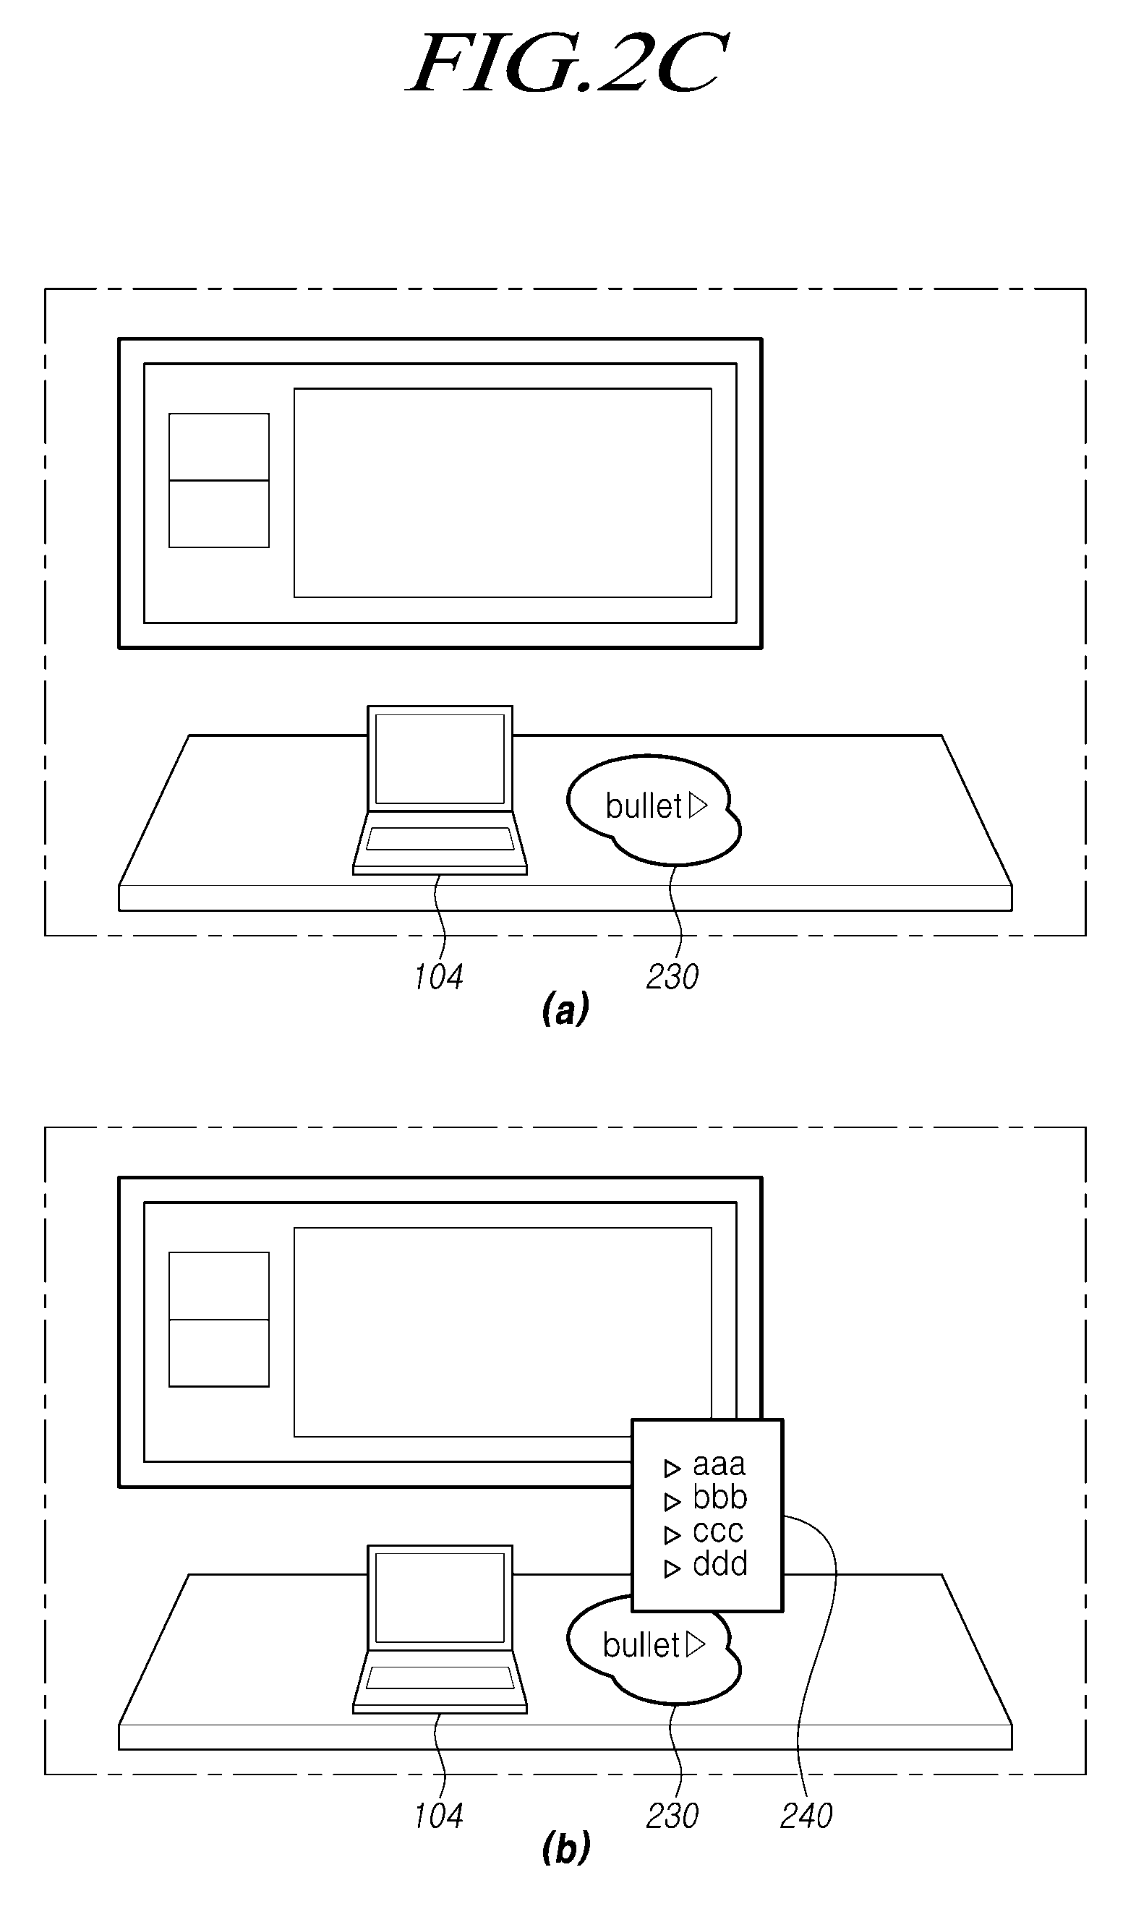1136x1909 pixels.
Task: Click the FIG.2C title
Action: pos(567,64)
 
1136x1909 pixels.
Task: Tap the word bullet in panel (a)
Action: pos(643,806)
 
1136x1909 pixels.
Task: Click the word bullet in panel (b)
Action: pos(641,1645)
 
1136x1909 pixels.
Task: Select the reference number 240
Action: pos(806,1816)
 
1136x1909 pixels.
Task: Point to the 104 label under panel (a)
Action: pos(439,977)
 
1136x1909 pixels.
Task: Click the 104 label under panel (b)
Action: pos(439,1816)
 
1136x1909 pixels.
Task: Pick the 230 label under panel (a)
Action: pos(672,977)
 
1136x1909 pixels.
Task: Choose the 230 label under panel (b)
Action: pos(672,1816)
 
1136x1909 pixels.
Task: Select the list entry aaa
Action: pos(719,1464)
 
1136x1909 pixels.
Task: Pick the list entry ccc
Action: pos(718,1532)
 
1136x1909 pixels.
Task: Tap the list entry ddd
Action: pos(719,1564)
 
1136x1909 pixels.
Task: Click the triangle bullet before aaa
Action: pos(672,1468)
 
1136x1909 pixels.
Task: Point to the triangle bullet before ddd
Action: pos(672,1569)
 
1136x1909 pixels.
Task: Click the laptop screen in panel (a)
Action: pos(440,759)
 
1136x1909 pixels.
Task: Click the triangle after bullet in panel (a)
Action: pos(697,806)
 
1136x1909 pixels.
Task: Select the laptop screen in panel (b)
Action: pos(440,1597)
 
